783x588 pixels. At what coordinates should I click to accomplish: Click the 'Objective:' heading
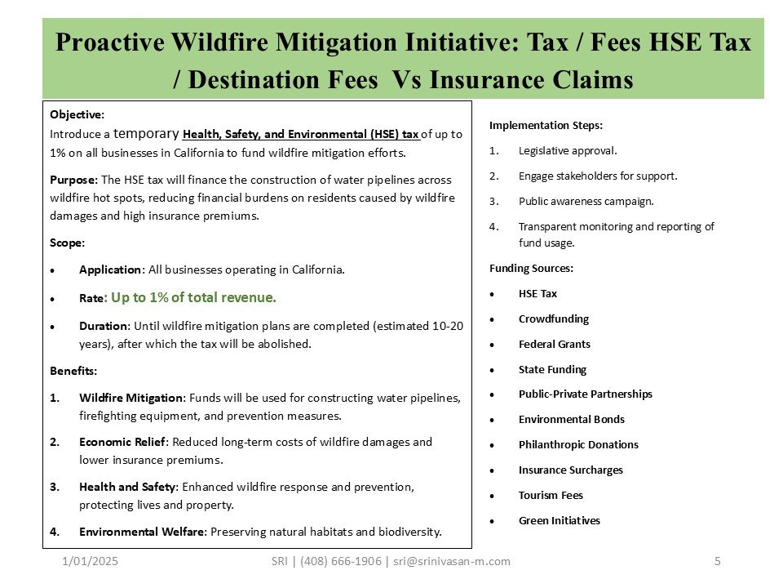[77, 114]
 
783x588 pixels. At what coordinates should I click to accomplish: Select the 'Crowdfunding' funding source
[553, 318]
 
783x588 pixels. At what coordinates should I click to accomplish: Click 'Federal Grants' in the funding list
[554, 344]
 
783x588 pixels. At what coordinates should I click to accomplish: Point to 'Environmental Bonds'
[571, 419]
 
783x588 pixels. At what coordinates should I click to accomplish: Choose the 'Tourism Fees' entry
[551, 495]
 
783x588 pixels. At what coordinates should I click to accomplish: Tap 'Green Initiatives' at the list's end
[559, 520]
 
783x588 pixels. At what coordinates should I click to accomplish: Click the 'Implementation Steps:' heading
[546, 125]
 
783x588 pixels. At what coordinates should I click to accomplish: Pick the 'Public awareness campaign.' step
[586, 201]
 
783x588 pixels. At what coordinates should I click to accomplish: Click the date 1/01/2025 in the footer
[84, 561]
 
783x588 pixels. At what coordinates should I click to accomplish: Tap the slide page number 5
[717, 561]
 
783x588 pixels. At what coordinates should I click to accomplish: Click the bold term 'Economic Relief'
[122, 442]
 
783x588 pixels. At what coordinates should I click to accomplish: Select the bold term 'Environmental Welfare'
[143, 532]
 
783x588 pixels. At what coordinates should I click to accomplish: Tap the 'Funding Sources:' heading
[531, 268]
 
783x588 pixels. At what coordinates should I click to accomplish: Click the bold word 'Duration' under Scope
[102, 325]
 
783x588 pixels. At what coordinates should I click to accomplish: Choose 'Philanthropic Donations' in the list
[578, 444]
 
